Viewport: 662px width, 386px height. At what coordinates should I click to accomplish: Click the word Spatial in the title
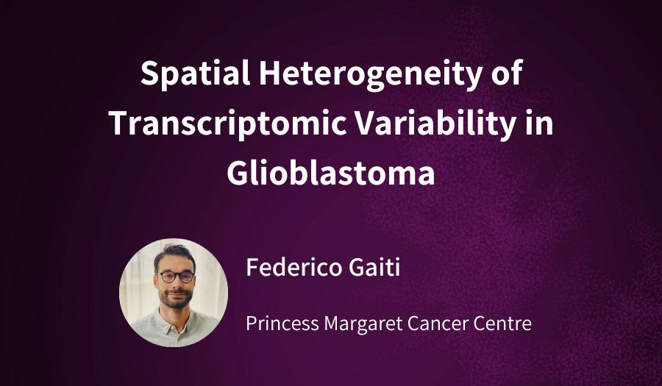(x=196, y=74)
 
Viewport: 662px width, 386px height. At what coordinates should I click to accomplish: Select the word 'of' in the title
(x=507, y=73)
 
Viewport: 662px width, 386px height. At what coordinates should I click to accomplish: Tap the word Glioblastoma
(x=331, y=173)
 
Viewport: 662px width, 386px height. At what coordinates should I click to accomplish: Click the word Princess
(x=282, y=324)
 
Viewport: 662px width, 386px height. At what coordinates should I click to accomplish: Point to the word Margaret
(x=363, y=324)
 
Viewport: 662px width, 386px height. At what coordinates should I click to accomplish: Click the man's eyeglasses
(x=177, y=276)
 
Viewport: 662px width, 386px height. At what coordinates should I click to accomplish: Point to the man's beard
(x=176, y=298)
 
